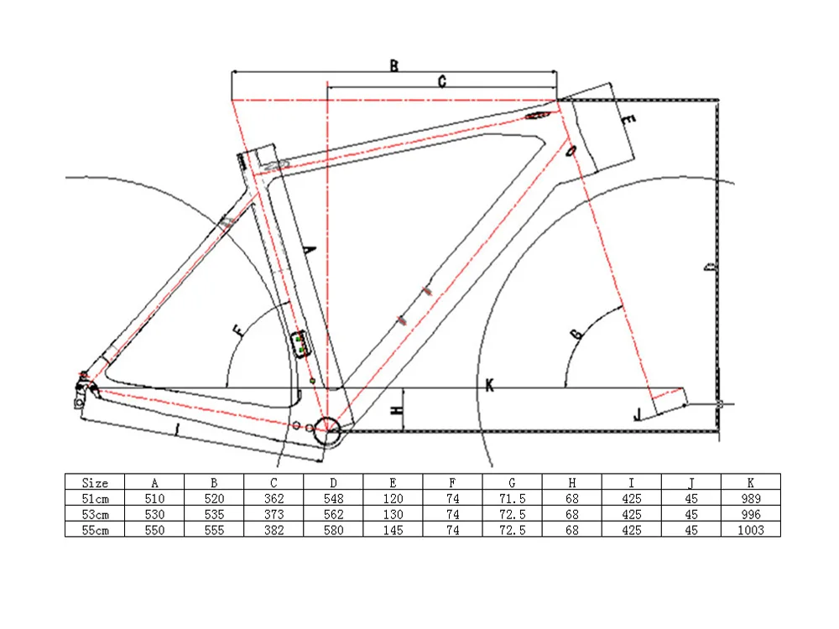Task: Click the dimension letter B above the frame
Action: [393, 65]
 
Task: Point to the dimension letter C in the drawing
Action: [441, 81]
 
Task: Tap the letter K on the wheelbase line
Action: [490, 385]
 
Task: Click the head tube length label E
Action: [628, 122]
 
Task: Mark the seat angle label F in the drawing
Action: [240, 330]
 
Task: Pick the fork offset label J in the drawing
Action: [638, 413]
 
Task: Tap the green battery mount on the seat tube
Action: [300, 343]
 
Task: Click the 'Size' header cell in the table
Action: [95, 482]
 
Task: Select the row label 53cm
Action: [95, 514]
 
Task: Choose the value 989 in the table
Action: [751, 498]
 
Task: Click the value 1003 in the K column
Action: [751, 530]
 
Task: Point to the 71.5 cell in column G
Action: [512, 498]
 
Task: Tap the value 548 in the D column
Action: [334, 498]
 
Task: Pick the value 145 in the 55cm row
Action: [393, 530]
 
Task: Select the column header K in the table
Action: [751, 482]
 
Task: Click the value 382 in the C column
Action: [274, 530]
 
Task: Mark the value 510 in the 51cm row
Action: [154, 498]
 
